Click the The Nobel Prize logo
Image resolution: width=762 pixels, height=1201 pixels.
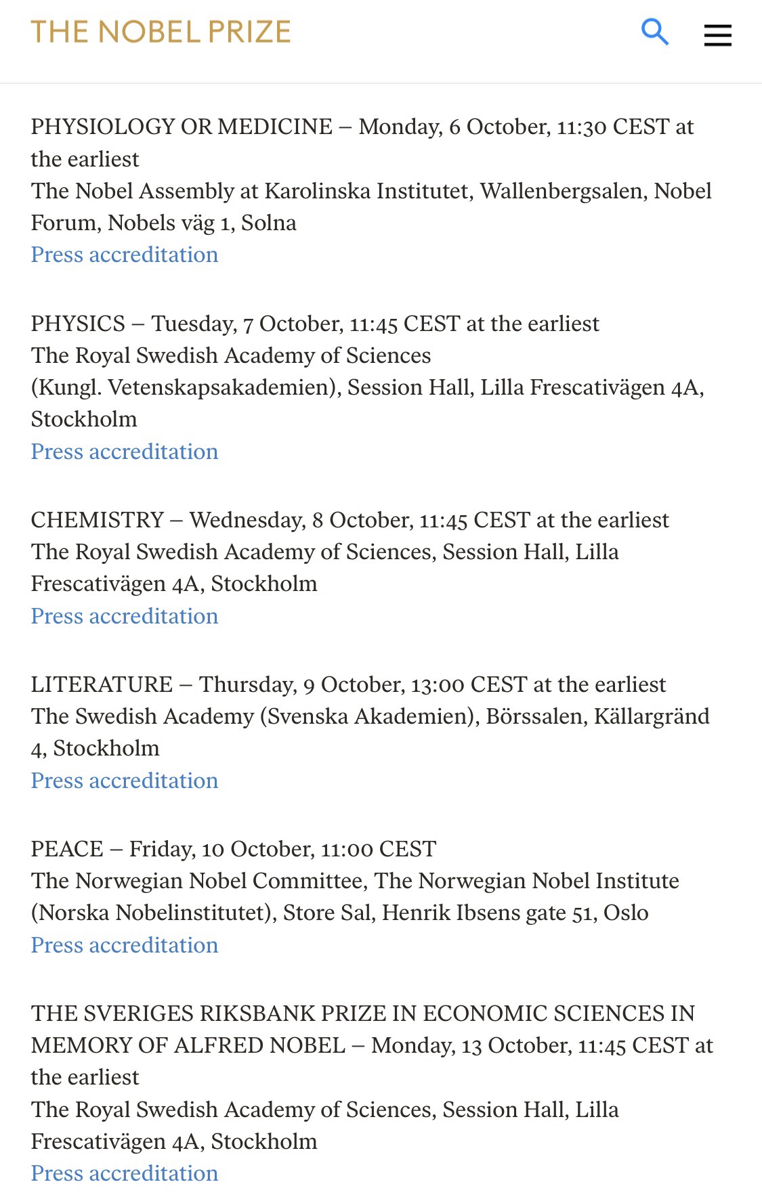[161, 32]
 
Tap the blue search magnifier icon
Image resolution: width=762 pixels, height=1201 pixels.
[654, 32]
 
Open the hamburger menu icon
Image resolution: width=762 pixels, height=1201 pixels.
[717, 35]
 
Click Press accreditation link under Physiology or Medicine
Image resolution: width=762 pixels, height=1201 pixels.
[125, 255]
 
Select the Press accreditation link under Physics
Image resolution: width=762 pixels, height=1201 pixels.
[125, 452]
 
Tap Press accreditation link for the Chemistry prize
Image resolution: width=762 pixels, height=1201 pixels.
[125, 616]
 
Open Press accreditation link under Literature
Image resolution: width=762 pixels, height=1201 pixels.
[125, 781]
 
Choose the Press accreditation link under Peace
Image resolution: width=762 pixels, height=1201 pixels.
[125, 945]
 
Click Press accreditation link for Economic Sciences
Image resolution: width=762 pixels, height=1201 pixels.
[125, 1173]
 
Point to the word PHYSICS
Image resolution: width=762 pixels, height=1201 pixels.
[78, 324]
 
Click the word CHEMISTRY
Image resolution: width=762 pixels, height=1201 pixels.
[98, 520]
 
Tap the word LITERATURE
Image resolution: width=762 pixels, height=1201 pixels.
[102, 684]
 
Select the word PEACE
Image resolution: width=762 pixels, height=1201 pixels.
[67, 849]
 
